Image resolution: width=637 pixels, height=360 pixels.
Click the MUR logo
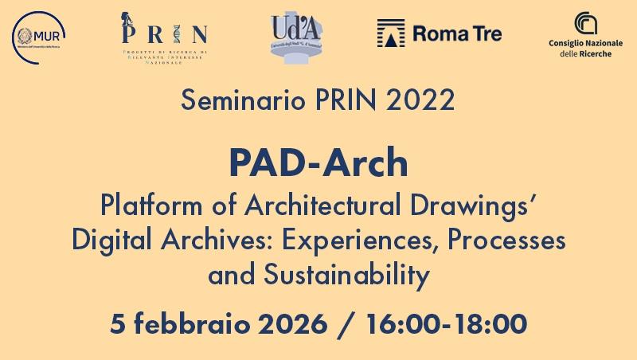pos(39,34)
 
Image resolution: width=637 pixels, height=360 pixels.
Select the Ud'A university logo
pos(295,36)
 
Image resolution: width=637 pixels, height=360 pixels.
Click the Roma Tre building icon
pos(390,33)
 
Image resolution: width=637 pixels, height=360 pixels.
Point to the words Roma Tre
pos(457,34)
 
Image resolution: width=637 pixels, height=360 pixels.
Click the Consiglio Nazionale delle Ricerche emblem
pos(586,23)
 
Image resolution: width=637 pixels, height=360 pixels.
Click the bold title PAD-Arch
pos(318,163)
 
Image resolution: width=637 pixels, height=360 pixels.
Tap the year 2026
pos(287,324)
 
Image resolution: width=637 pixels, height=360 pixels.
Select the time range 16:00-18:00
pos(447,324)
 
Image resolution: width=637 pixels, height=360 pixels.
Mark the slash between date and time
pos(346,324)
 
